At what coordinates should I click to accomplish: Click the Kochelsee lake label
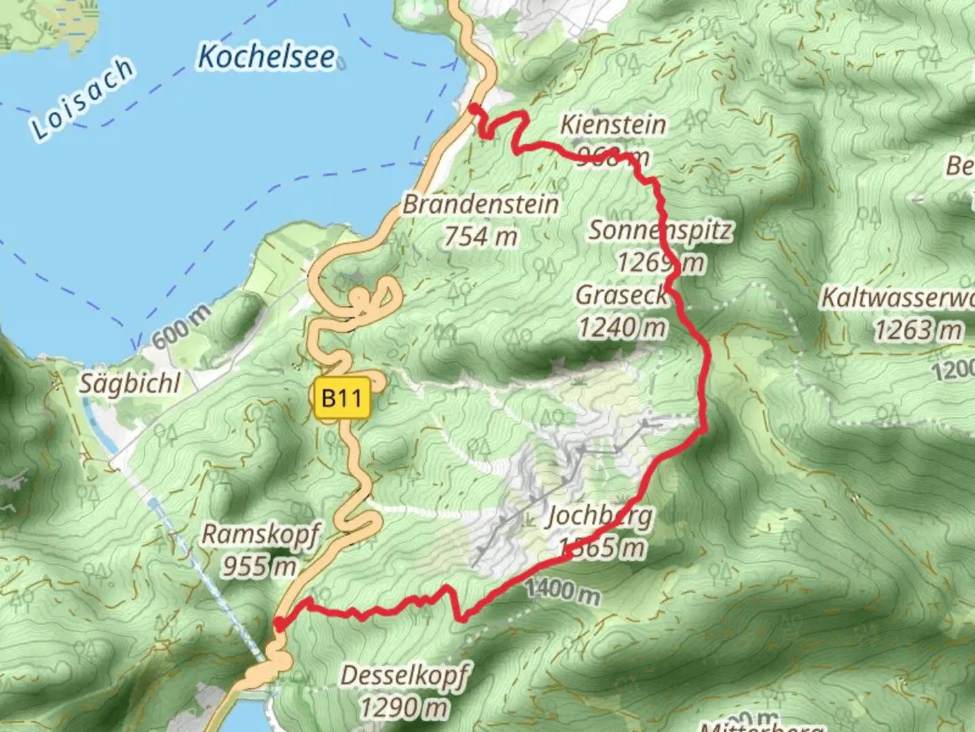coord(266,57)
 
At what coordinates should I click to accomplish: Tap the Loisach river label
coord(82,99)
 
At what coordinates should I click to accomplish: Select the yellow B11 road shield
coord(343,397)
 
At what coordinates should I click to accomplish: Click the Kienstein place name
coord(613,125)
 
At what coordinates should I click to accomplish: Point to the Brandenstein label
coord(481,204)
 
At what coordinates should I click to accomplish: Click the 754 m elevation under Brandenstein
coord(481,237)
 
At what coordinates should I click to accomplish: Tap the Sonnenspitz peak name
coord(660,230)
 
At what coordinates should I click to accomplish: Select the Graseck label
coord(622,296)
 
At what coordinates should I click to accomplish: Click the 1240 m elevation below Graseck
coord(622,328)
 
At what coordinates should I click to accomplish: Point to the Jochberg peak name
coord(600,516)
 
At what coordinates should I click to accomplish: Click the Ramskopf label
coord(260,534)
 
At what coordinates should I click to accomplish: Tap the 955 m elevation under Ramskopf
coord(259,565)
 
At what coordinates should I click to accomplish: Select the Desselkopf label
coord(405,676)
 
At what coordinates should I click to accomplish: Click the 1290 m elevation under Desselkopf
coord(404,708)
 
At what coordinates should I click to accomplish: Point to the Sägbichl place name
coord(131,384)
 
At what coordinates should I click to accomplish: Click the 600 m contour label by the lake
coord(180,326)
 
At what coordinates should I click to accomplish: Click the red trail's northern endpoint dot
coord(475,108)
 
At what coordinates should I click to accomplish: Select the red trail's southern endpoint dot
coord(278,623)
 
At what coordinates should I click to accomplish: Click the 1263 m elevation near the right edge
coord(917,330)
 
